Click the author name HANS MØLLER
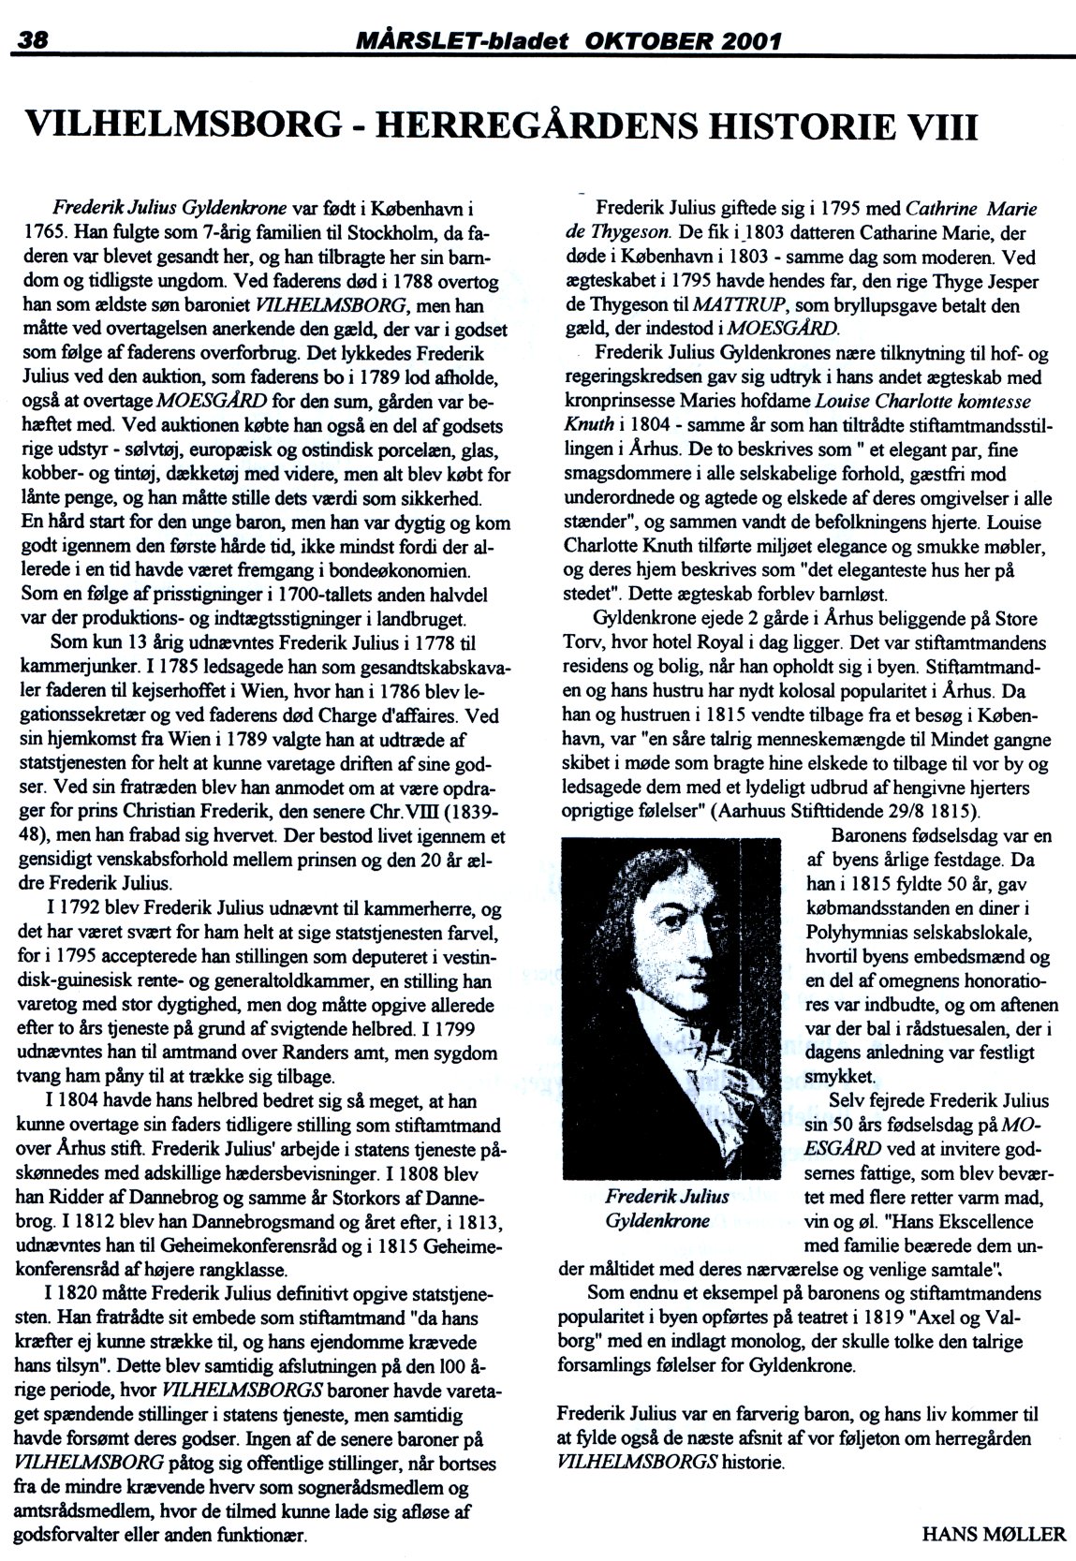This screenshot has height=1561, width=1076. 994,1533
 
